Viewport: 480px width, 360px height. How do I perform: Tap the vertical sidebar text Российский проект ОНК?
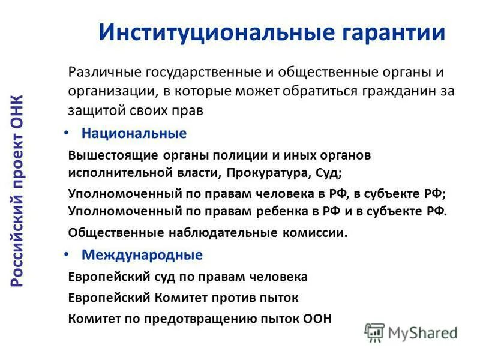(18, 190)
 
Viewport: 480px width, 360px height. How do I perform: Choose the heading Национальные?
(134, 133)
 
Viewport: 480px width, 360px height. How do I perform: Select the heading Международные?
(142, 255)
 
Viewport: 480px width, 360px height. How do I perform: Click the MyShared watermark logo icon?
(374, 332)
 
